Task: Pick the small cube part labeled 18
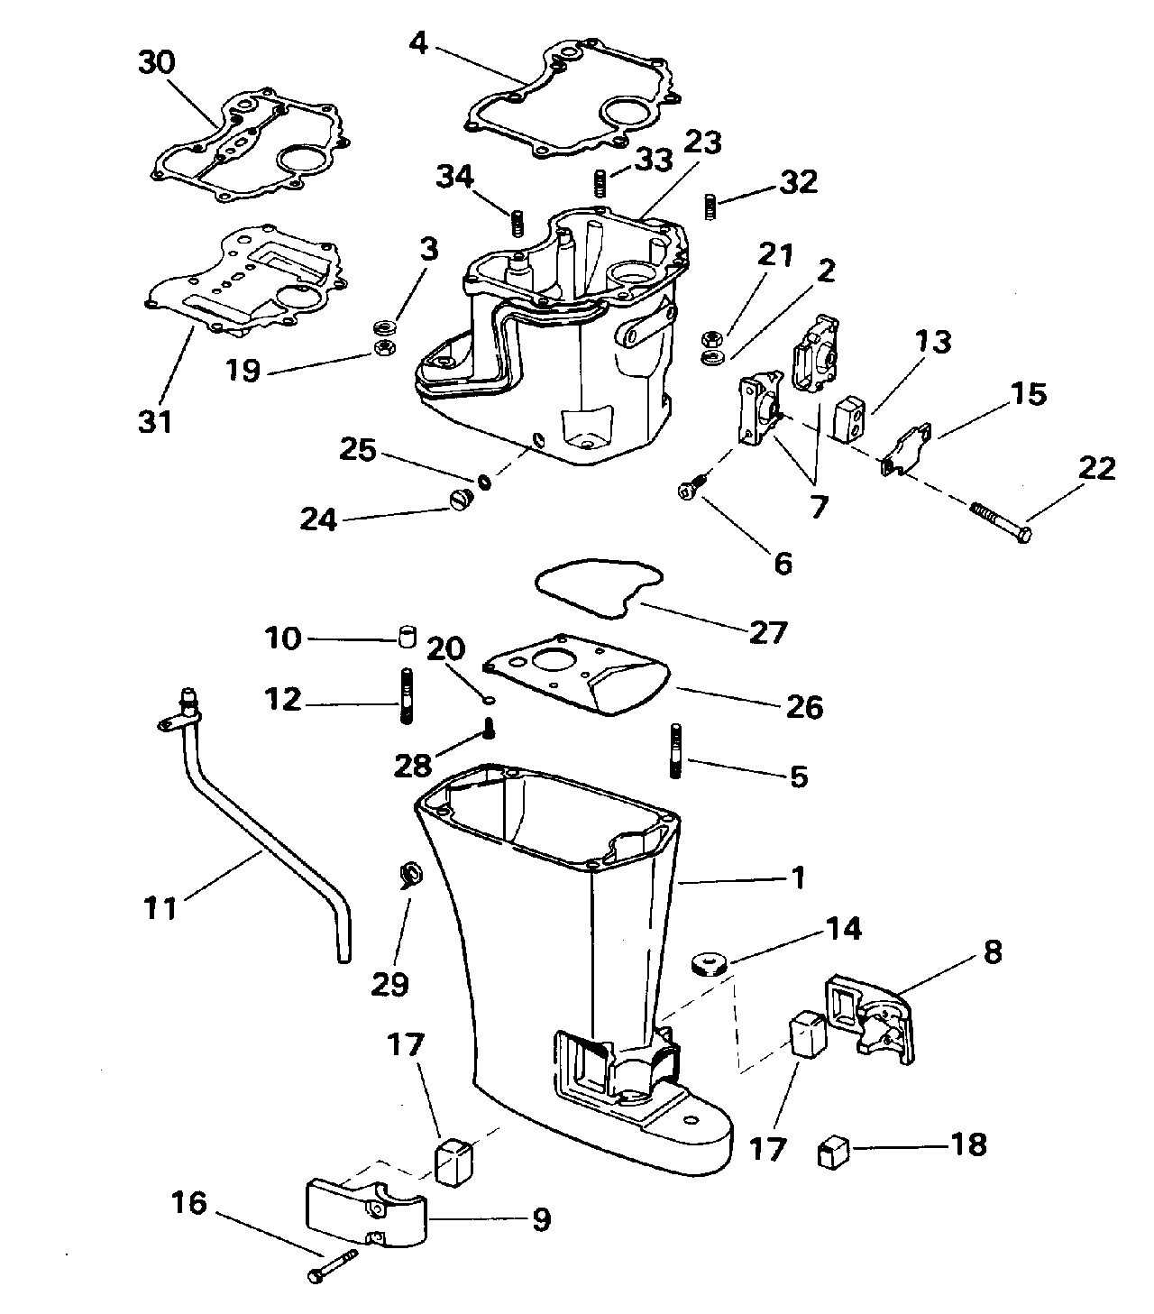click(x=831, y=1152)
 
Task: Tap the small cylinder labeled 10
click(x=406, y=638)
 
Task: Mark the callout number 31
click(x=156, y=419)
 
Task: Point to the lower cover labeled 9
click(x=365, y=1208)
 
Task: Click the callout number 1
click(x=796, y=877)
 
